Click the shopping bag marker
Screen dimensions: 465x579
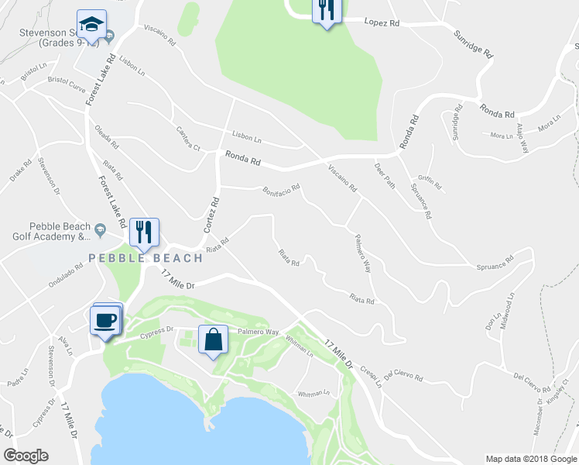(x=213, y=339)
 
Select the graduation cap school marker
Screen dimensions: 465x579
(x=92, y=25)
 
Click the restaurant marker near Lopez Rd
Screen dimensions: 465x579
(x=326, y=10)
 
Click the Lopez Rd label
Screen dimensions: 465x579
(x=382, y=22)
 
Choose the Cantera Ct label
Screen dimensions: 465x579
(x=188, y=138)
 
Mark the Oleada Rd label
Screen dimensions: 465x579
(x=107, y=137)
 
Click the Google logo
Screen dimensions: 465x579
(x=26, y=456)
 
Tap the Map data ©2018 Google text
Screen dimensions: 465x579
(x=530, y=459)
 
